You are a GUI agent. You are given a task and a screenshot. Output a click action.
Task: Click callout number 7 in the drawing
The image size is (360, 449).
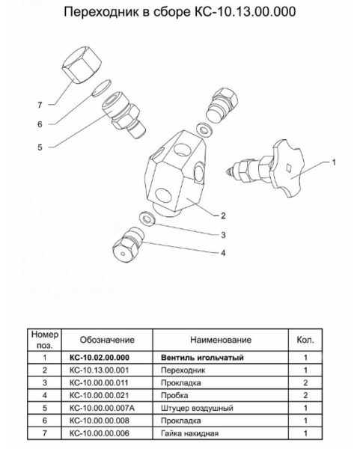click(40, 105)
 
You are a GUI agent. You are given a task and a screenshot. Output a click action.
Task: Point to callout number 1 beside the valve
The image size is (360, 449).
click(334, 162)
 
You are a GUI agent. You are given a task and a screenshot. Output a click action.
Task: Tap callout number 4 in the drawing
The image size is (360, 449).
click(223, 253)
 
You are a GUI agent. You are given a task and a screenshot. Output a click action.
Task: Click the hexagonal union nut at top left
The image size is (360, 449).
click(82, 64)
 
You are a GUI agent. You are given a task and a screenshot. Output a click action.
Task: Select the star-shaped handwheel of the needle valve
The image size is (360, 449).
click(288, 168)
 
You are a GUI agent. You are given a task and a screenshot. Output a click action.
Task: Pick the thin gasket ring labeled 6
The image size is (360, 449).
click(101, 88)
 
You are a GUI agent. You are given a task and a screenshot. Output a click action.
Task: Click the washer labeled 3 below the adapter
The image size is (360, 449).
click(147, 219)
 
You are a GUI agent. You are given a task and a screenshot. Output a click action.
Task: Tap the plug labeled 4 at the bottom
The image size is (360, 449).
click(128, 244)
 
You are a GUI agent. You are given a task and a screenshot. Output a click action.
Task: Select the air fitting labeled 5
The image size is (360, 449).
click(123, 114)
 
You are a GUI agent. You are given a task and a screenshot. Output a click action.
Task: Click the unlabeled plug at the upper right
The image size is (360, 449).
click(222, 105)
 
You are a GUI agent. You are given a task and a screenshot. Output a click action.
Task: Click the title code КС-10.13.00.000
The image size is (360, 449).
click(245, 12)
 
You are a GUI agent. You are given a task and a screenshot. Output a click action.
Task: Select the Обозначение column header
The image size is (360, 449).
click(107, 340)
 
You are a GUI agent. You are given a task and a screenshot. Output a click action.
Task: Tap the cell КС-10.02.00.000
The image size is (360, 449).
click(100, 358)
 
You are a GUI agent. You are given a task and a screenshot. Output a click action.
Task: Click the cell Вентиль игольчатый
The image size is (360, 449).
click(202, 358)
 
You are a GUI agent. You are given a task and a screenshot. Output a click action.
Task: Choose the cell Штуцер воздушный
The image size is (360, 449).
click(197, 408)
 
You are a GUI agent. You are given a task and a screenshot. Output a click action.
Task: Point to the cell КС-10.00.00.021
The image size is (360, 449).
click(99, 395)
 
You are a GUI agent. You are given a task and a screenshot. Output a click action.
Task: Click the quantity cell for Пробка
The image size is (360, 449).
click(305, 395)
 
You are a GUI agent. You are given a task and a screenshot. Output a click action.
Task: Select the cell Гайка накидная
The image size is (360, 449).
click(189, 433)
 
